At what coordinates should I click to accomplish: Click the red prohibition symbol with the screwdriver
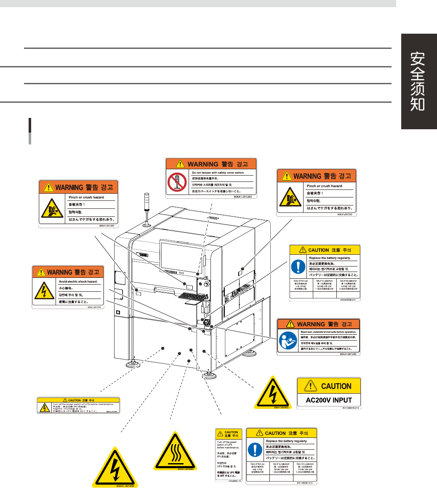pyautogui.click(x=177, y=181)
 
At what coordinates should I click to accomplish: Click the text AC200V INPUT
pyautogui.click(x=329, y=400)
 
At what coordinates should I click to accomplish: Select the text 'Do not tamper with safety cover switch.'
pyautogui.click(x=218, y=173)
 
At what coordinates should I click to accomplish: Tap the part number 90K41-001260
pyautogui.click(x=245, y=197)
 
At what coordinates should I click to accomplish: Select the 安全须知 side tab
pyautogui.click(x=418, y=81)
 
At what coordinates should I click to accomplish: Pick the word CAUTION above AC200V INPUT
pyautogui.click(x=336, y=386)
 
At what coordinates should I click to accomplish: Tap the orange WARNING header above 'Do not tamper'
pyautogui.click(x=211, y=164)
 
